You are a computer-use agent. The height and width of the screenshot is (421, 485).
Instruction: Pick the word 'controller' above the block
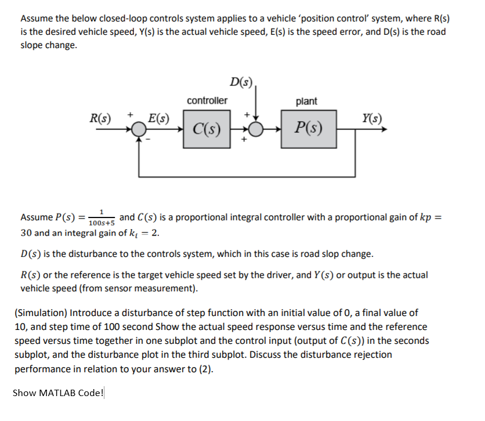[207, 100]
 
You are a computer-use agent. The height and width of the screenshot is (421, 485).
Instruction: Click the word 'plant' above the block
[306, 101]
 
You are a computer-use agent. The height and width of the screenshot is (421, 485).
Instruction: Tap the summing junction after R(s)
[139, 130]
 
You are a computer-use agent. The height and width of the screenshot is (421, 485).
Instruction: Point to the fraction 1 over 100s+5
[102, 218]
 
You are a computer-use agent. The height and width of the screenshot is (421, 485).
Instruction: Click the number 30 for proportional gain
[26, 233]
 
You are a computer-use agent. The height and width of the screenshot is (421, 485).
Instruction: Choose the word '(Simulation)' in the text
[39, 313]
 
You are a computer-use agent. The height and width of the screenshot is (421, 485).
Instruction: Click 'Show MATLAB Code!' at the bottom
[58, 393]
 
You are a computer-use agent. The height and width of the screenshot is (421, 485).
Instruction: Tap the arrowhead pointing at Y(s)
[382, 130]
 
